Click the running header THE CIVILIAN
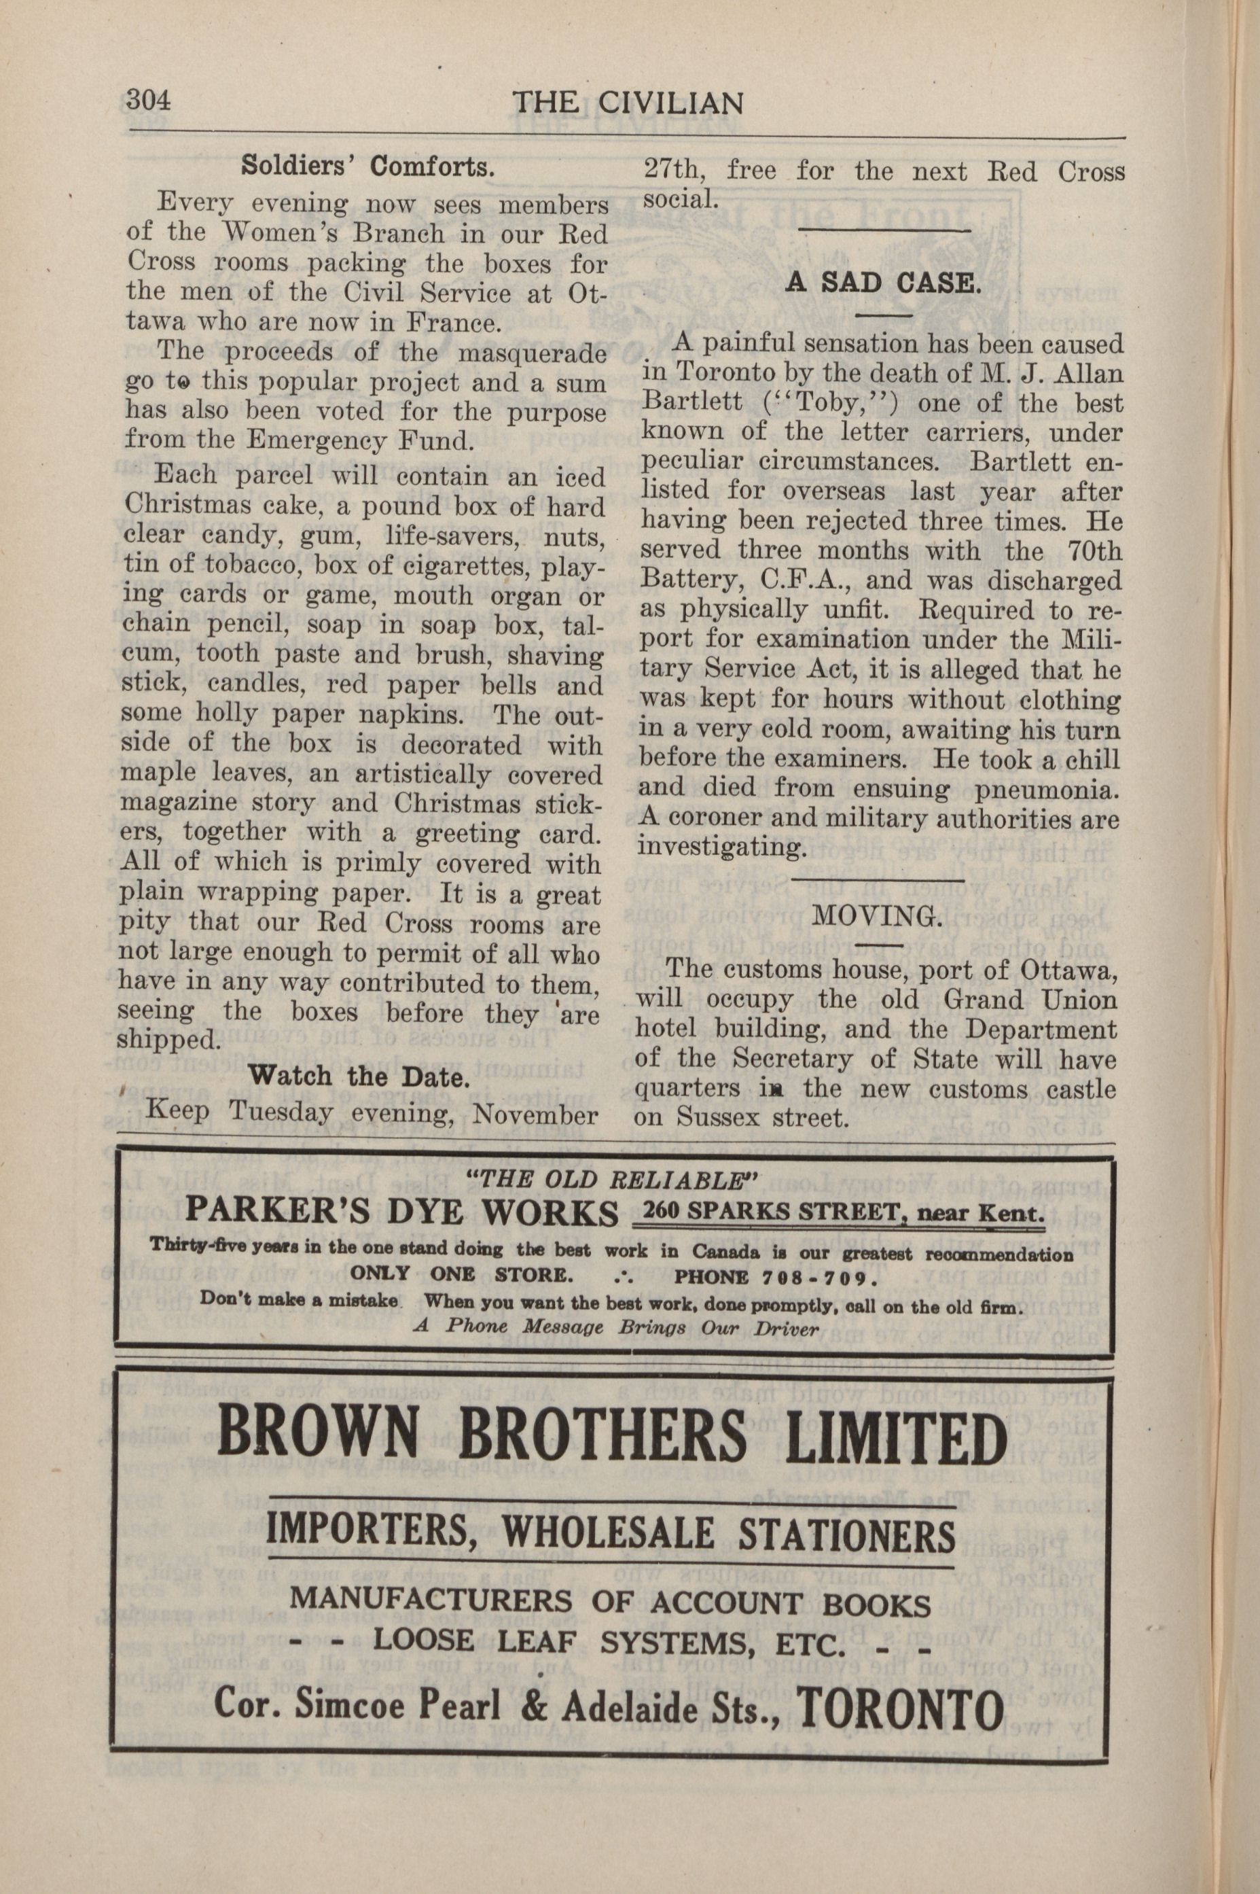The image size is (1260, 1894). point(627,104)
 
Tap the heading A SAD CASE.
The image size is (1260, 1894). point(882,284)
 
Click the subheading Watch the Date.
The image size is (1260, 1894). point(359,1076)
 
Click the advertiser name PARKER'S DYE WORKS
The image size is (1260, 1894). point(402,1212)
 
